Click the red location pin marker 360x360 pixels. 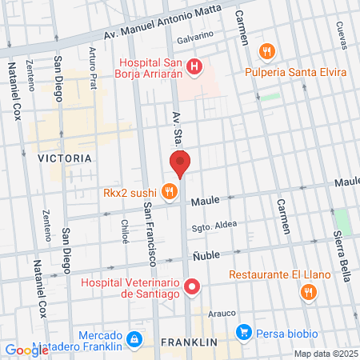click(x=180, y=163)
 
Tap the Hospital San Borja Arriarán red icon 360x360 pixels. click(x=192, y=64)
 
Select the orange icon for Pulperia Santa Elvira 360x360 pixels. click(x=267, y=52)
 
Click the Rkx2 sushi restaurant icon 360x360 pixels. click(x=168, y=191)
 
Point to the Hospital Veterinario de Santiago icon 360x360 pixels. click(x=191, y=286)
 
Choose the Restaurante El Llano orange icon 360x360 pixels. click(x=307, y=293)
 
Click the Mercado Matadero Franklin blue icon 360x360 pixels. click(x=135, y=340)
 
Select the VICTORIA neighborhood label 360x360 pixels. click(x=65, y=158)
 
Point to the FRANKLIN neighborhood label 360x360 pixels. click(x=190, y=342)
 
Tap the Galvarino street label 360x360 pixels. click(x=195, y=36)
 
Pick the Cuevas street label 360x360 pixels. click(x=341, y=34)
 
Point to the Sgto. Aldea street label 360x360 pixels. click(x=214, y=225)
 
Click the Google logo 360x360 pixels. click(x=26, y=350)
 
